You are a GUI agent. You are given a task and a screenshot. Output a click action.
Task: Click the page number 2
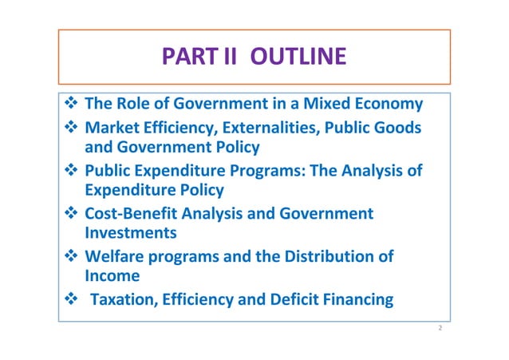439,328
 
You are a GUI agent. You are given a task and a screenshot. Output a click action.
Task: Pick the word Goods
399,127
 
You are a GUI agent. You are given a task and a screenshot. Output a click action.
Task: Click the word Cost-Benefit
132,214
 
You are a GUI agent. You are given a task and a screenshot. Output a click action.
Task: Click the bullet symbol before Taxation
69,301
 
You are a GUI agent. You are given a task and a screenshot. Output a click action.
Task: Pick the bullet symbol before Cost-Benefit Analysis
69,214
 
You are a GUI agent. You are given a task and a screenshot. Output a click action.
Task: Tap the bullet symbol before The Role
69,105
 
